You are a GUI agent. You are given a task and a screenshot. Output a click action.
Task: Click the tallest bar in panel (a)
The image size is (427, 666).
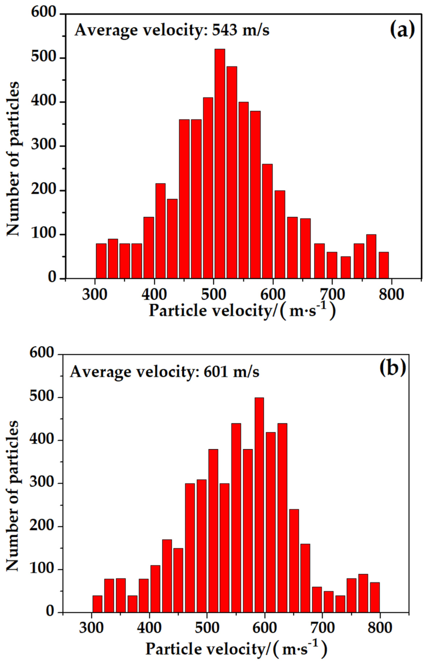[x=220, y=164]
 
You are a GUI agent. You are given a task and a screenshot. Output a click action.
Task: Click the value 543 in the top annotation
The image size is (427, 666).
[x=225, y=30]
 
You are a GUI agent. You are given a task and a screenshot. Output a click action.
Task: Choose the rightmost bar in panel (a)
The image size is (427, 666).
[x=384, y=265]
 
